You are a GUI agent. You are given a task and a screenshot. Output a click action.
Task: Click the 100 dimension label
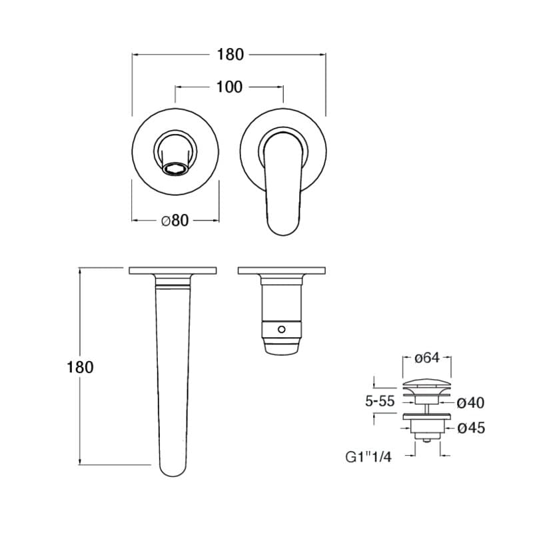click(x=229, y=87)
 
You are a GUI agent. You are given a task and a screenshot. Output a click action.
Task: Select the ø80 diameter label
click(x=175, y=221)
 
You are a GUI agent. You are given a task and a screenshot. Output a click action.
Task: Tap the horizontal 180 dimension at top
click(x=230, y=55)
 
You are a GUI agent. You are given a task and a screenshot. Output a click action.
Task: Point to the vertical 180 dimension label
click(x=80, y=368)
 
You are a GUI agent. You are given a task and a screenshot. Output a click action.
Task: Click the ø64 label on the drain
click(x=427, y=358)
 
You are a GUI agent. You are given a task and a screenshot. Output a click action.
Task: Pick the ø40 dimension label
click(x=470, y=403)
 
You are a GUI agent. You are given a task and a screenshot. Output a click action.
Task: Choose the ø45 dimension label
click(x=471, y=428)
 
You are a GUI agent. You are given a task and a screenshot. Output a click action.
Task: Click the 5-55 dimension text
click(x=380, y=402)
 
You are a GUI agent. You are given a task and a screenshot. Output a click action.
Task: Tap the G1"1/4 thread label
click(x=368, y=457)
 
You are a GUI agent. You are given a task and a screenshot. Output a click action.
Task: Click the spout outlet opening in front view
click(x=175, y=169)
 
